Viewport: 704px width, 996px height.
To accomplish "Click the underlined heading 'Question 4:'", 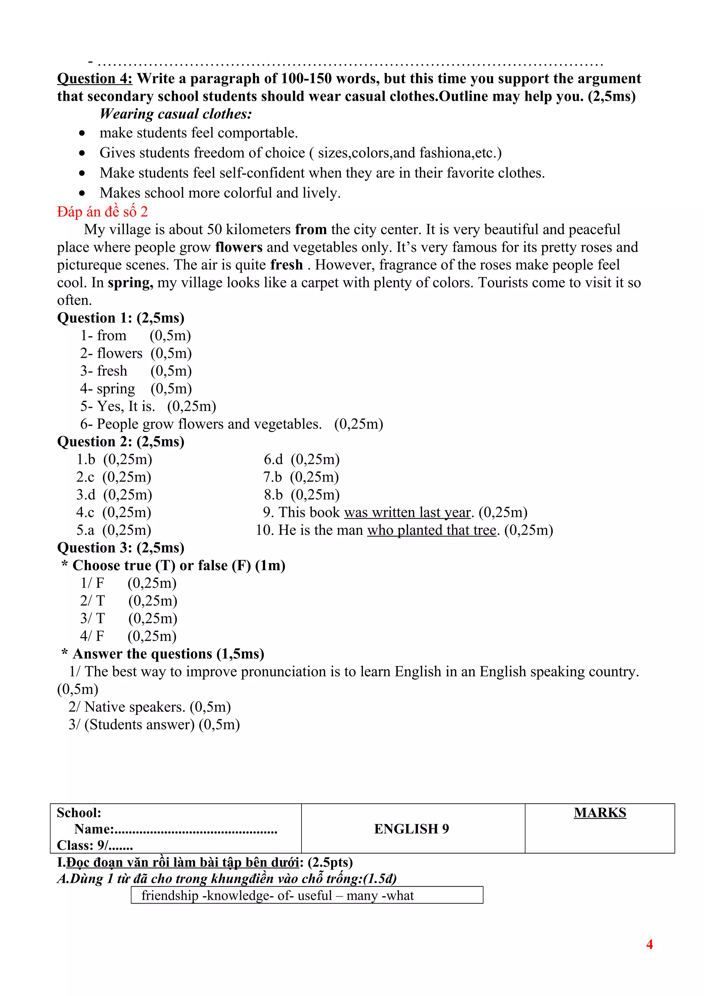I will pos(95,78).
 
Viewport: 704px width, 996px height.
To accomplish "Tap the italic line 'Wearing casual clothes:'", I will pos(176,114).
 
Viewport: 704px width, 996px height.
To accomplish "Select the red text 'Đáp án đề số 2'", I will pos(102,212).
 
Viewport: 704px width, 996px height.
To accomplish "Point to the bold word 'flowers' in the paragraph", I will pos(239,247).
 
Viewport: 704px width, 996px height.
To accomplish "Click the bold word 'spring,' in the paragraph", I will pos(130,283).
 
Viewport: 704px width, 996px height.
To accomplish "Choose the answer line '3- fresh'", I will pos(104,371).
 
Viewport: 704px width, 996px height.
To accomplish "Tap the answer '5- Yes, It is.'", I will pos(118,407).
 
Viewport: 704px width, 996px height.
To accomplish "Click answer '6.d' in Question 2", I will pos(273,460).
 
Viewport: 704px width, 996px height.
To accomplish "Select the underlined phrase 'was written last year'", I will pos(407,513).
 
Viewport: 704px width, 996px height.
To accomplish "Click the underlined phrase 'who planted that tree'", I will pos(432,531).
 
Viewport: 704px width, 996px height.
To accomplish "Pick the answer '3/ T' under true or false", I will pos(92,619).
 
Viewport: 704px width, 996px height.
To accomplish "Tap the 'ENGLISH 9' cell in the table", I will pos(411,829).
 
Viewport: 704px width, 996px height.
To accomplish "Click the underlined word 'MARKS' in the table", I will pos(599,812).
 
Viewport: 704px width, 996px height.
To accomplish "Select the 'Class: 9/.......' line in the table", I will pos(95,845).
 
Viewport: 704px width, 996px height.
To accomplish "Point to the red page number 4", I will pos(649,944).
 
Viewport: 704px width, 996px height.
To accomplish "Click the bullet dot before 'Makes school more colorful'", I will pos(82,193).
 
